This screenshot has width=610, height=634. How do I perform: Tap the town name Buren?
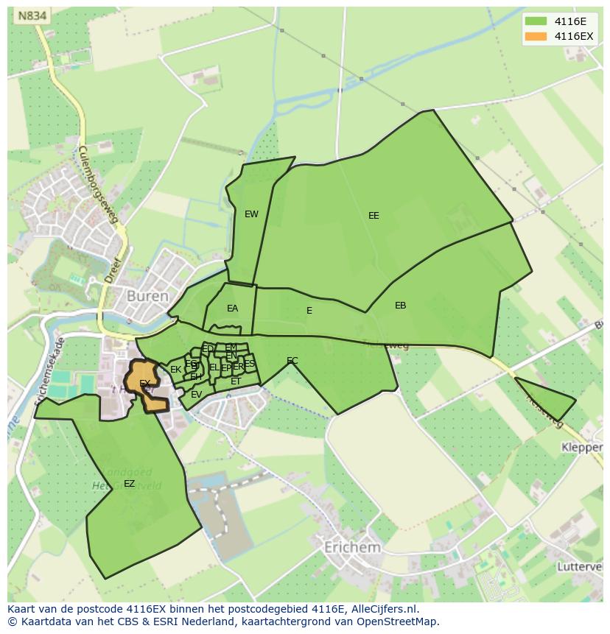(147, 296)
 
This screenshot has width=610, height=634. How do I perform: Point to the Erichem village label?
(352, 547)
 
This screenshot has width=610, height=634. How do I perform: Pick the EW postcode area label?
(251, 214)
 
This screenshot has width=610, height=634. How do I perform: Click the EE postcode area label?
(374, 216)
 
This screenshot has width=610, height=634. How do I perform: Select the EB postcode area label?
(400, 306)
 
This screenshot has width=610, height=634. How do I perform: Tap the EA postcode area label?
(232, 309)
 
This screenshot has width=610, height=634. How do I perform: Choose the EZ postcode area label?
(129, 484)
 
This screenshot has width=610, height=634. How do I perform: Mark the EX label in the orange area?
(145, 383)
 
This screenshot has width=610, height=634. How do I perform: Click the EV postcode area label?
(196, 395)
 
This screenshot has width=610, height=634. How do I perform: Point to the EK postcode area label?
(175, 370)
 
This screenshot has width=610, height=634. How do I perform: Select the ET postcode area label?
(236, 381)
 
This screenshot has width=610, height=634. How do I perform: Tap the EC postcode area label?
(292, 361)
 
